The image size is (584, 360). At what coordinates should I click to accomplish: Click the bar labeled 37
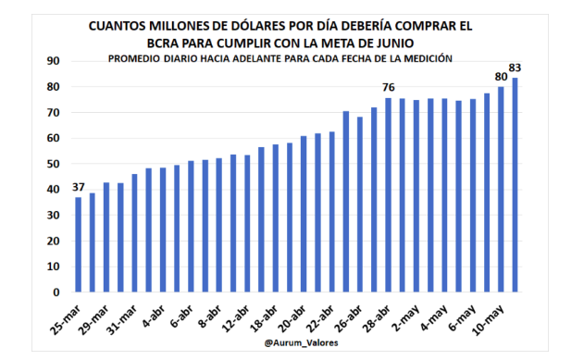click(79, 245)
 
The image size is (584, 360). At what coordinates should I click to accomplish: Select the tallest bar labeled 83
click(515, 185)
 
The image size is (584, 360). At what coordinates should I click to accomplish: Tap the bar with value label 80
click(501, 190)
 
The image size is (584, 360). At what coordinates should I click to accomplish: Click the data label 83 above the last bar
click(515, 68)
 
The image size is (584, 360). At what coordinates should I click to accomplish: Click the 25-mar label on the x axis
click(67, 316)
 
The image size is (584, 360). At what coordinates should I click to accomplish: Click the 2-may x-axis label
click(403, 315)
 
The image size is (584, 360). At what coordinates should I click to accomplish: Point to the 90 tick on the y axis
click(53, 61)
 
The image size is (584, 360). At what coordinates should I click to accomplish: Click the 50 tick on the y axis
click(53, 164)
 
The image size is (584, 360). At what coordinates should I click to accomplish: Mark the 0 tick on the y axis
click(56, 292)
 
